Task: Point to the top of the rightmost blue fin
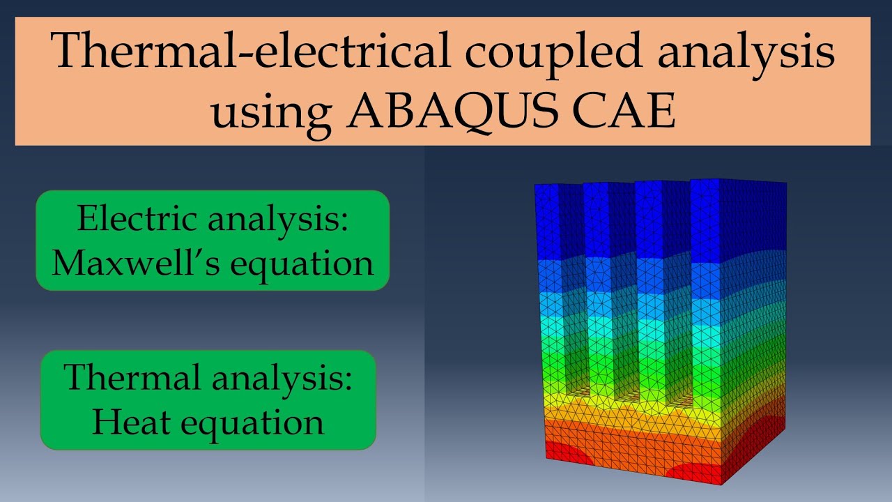739,182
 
